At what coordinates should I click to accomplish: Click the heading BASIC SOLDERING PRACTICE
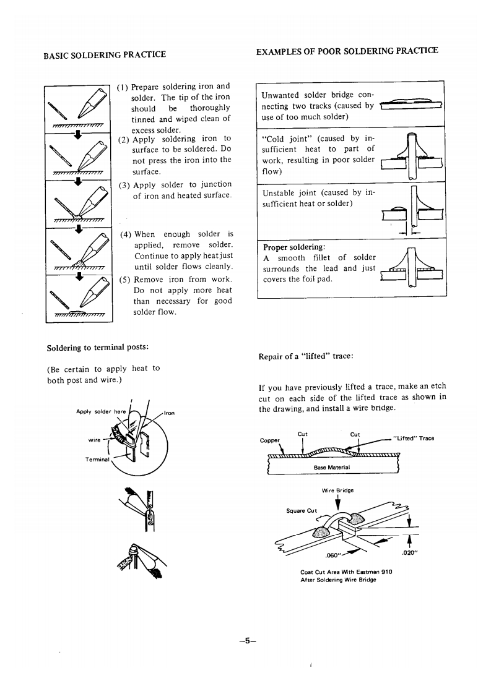[105, 54]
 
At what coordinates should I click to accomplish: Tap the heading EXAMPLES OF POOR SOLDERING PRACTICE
[347, 50]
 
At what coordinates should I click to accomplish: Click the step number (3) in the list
[124, 184]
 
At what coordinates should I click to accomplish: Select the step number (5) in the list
[124, 279]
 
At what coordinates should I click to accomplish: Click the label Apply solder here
[100, 411]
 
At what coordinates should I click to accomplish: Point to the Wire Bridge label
[337, 490]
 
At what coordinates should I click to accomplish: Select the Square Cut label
[302, 511]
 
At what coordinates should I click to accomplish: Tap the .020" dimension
[409, 553]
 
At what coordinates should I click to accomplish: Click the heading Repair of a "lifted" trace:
[305, 356]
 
